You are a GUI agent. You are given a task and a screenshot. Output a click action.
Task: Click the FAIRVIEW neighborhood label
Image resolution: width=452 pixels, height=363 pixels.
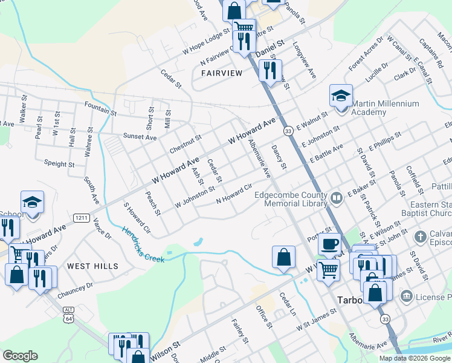pyautogui.click(x=221, y=73)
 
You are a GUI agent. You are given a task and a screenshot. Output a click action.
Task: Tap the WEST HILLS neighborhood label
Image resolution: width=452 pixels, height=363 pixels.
pyautogui.click(x=92, y=266)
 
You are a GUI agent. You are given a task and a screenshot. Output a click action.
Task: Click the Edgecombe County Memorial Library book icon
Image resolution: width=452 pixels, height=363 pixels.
pyautogui.click(x=337, y=196)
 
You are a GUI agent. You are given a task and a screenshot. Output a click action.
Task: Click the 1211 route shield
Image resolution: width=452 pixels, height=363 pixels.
pyautogui.click(x=82, y=217)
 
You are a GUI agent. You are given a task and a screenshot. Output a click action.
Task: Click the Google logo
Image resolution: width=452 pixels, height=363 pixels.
pyautogui.click(x=20, y=356)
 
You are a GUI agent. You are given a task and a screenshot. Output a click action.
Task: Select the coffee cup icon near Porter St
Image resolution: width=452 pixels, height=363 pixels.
pyautogui.click(x=329, y=244)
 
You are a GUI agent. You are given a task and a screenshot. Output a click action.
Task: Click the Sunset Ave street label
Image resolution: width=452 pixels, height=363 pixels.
pyautogui.click(x=140, y=137)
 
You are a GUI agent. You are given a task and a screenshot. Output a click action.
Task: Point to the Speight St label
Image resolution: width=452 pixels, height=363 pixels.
pyautogui.click(x=59, y=163)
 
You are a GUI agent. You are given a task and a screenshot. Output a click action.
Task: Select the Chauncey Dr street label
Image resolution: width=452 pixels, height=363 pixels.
pyautogui.click(x=76, y=290)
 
